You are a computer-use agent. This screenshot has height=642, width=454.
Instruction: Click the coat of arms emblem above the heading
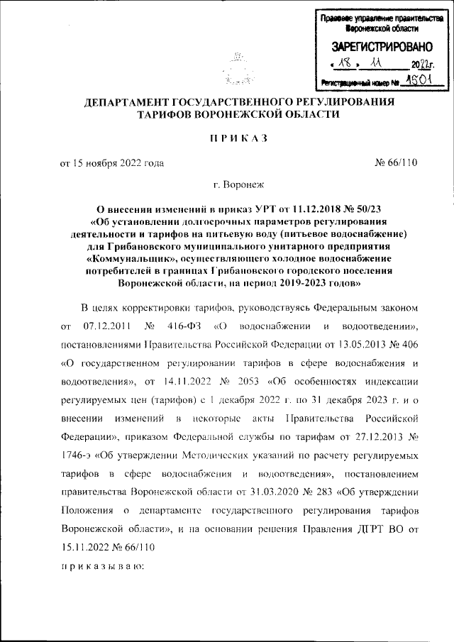[x=238, y=67]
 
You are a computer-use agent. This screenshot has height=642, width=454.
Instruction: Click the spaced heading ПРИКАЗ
[x=238, y=138]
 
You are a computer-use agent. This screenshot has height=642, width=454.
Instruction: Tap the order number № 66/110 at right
[x=396, y=162]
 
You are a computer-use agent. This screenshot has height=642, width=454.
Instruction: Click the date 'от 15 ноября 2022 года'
[x=111, y=162]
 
